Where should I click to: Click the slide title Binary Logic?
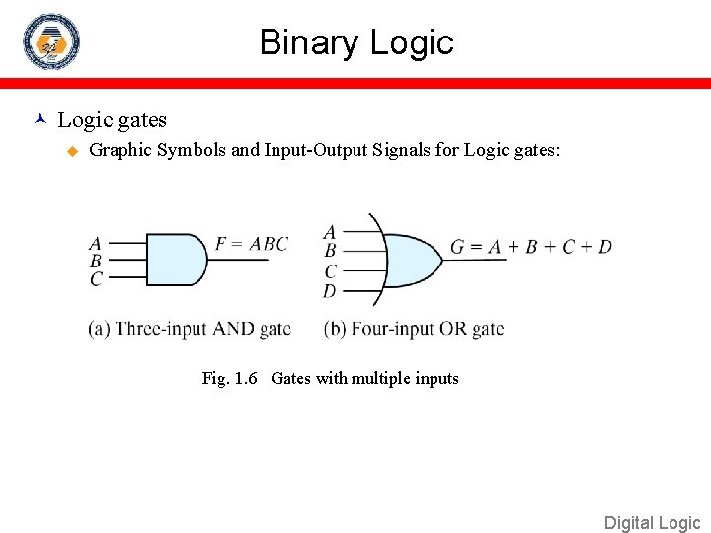coord(355,42)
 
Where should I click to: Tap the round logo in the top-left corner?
coord(51,41)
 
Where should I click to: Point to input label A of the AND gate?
coord(95,243)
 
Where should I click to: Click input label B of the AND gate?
coord(95,261)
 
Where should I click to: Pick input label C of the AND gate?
coord(95,279)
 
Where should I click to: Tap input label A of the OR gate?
coord(329,232)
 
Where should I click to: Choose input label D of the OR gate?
coord(329,290)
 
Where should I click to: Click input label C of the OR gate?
coord(330,270)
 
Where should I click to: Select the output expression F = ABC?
coord(252,243)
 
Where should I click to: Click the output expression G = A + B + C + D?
coord(531,246)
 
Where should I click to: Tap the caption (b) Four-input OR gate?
coord(414,329)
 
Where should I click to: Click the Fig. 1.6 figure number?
coord(230,378)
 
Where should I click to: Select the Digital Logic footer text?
coord(652,523)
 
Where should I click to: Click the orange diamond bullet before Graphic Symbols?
coord(71,151)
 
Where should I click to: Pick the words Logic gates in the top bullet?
coord(112,120)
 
